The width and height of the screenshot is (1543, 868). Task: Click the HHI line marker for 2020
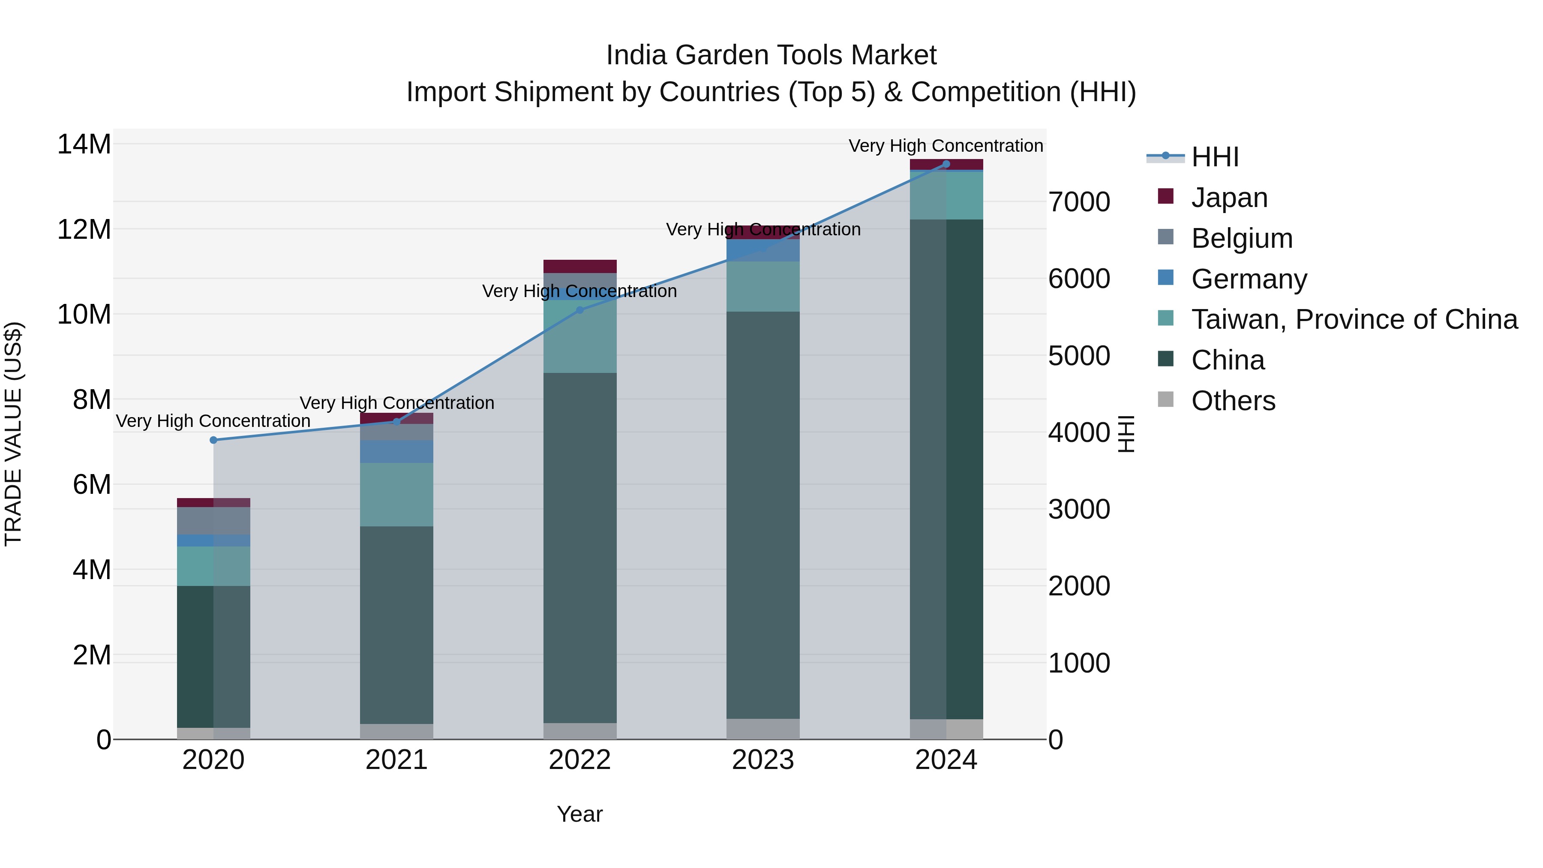pos(213,440)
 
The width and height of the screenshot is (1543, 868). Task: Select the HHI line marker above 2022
pos(579,310)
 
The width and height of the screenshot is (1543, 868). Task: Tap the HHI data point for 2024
pos(946,164)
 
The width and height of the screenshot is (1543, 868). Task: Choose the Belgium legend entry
pos(1241,238)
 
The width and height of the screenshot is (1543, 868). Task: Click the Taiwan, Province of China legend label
pos(1354,320)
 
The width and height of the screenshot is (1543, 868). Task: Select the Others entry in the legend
pos(1233,401)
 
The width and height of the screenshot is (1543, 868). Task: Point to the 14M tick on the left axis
pos(84,144)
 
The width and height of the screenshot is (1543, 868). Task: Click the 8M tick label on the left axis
pos(92,399)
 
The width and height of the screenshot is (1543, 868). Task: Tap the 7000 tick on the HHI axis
pos(1079,202)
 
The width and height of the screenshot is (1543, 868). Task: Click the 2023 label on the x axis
pos(762,760)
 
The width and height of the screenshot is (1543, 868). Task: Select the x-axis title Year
pos(579,814)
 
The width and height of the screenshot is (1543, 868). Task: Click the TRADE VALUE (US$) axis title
pos(13,434)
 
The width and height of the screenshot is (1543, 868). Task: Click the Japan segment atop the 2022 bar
pos(579,267)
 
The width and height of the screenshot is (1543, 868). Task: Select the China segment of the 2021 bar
pos(396,625)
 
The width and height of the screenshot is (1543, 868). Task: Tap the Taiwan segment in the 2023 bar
pos(762,286)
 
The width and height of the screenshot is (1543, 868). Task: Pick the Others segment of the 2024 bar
pos(946,729)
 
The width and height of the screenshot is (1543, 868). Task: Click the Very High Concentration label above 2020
pos(213,421)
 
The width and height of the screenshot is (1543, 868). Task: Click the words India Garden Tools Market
pos(771,55)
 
